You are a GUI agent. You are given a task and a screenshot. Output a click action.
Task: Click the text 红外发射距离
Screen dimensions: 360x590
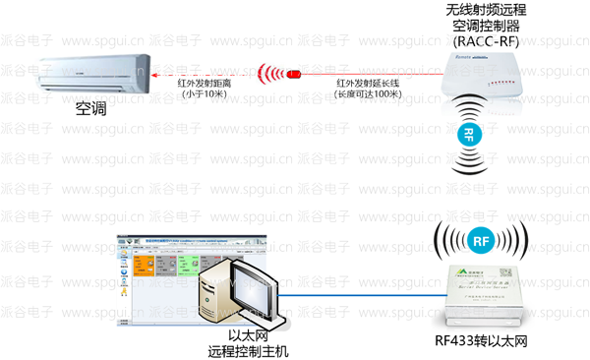205,83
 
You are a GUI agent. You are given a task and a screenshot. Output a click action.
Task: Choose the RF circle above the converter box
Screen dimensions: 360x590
480,239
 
